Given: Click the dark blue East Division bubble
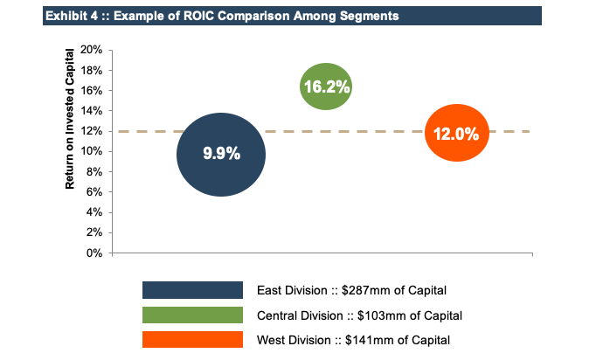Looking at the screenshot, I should point(221,155).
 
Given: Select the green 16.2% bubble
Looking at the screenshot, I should point(326,87).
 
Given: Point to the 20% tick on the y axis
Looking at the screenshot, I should point(92,50).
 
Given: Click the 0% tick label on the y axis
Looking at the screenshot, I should point(94,253).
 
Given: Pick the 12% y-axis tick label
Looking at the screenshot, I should point(92,131).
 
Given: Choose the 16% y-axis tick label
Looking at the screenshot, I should point(92,91).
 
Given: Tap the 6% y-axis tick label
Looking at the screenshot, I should point(94,192).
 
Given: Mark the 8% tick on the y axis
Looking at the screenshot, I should point(94,172).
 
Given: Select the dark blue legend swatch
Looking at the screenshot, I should point(192,290).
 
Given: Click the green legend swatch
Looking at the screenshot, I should point(192,315).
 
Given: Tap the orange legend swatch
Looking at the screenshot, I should point(192,339).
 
